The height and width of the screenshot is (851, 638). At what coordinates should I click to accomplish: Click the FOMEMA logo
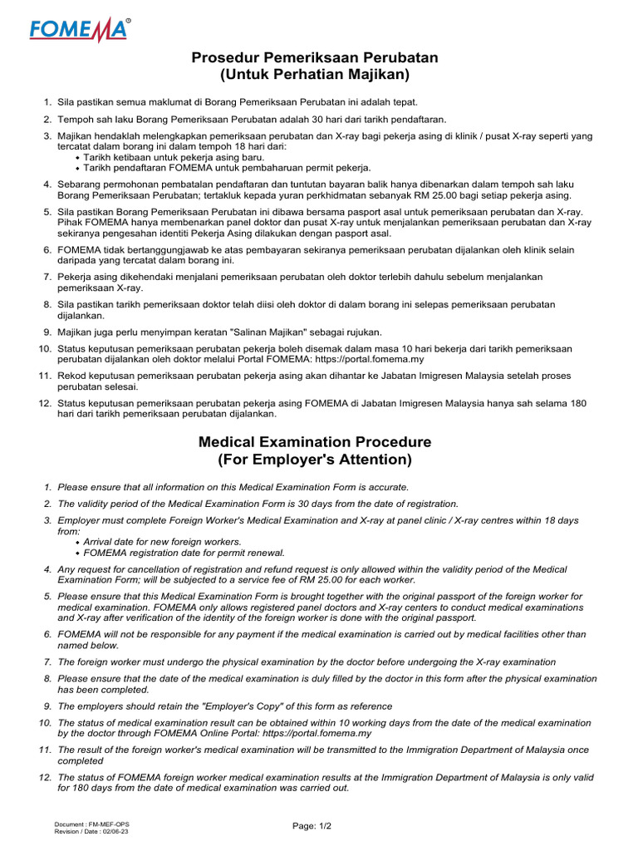80,30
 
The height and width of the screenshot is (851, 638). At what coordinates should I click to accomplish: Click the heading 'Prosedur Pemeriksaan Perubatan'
315,57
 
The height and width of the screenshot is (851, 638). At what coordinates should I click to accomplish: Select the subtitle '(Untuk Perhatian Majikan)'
315,75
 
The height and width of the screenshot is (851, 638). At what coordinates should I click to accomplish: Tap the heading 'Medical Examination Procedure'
315,441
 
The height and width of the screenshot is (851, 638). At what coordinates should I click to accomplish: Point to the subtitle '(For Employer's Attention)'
315,459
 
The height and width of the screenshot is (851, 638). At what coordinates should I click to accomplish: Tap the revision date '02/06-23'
115,830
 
